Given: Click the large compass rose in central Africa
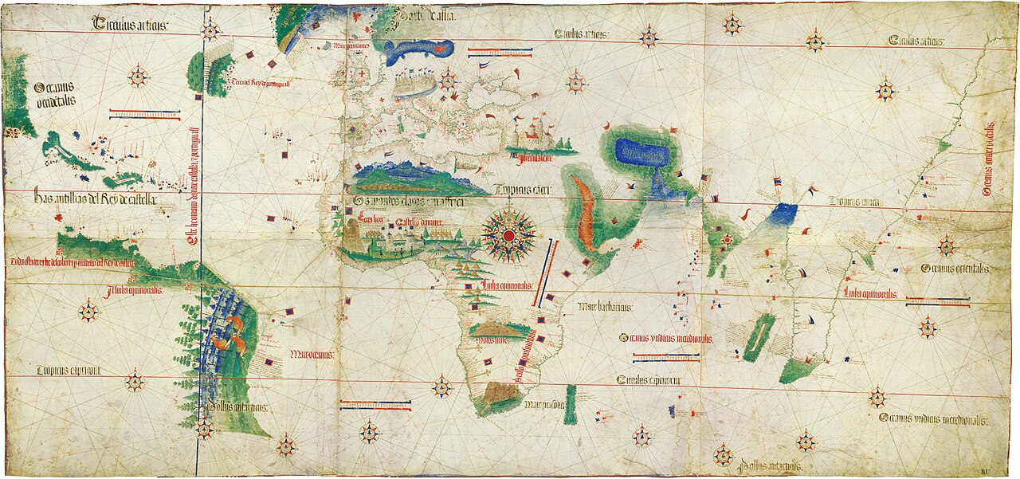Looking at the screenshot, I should (508, 234).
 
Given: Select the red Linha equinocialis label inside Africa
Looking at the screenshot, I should (507, 286).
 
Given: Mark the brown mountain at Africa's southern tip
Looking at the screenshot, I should (498, 392).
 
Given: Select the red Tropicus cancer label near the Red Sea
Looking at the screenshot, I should (522, 190).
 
